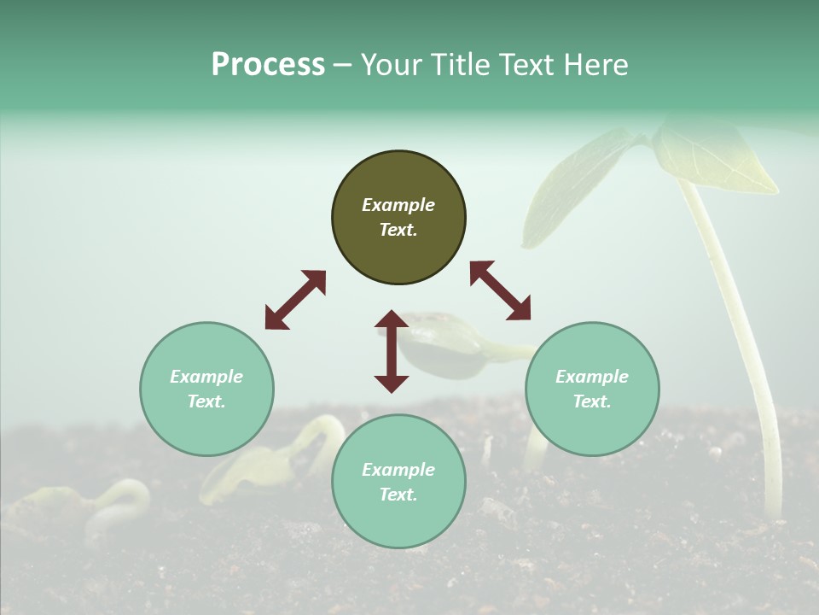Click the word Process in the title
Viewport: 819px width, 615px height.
click(268, 65)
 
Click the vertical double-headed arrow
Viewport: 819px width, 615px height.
click(392, 351)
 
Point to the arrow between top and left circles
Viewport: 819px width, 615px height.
click(295, 299)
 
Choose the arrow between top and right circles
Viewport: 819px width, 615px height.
click(500, 290)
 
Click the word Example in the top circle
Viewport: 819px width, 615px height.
click(398, 205)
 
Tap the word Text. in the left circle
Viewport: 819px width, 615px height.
click(206, 401)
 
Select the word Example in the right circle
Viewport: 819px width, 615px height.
click(592, 377)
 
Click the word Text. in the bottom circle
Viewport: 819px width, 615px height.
click(398, 495)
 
